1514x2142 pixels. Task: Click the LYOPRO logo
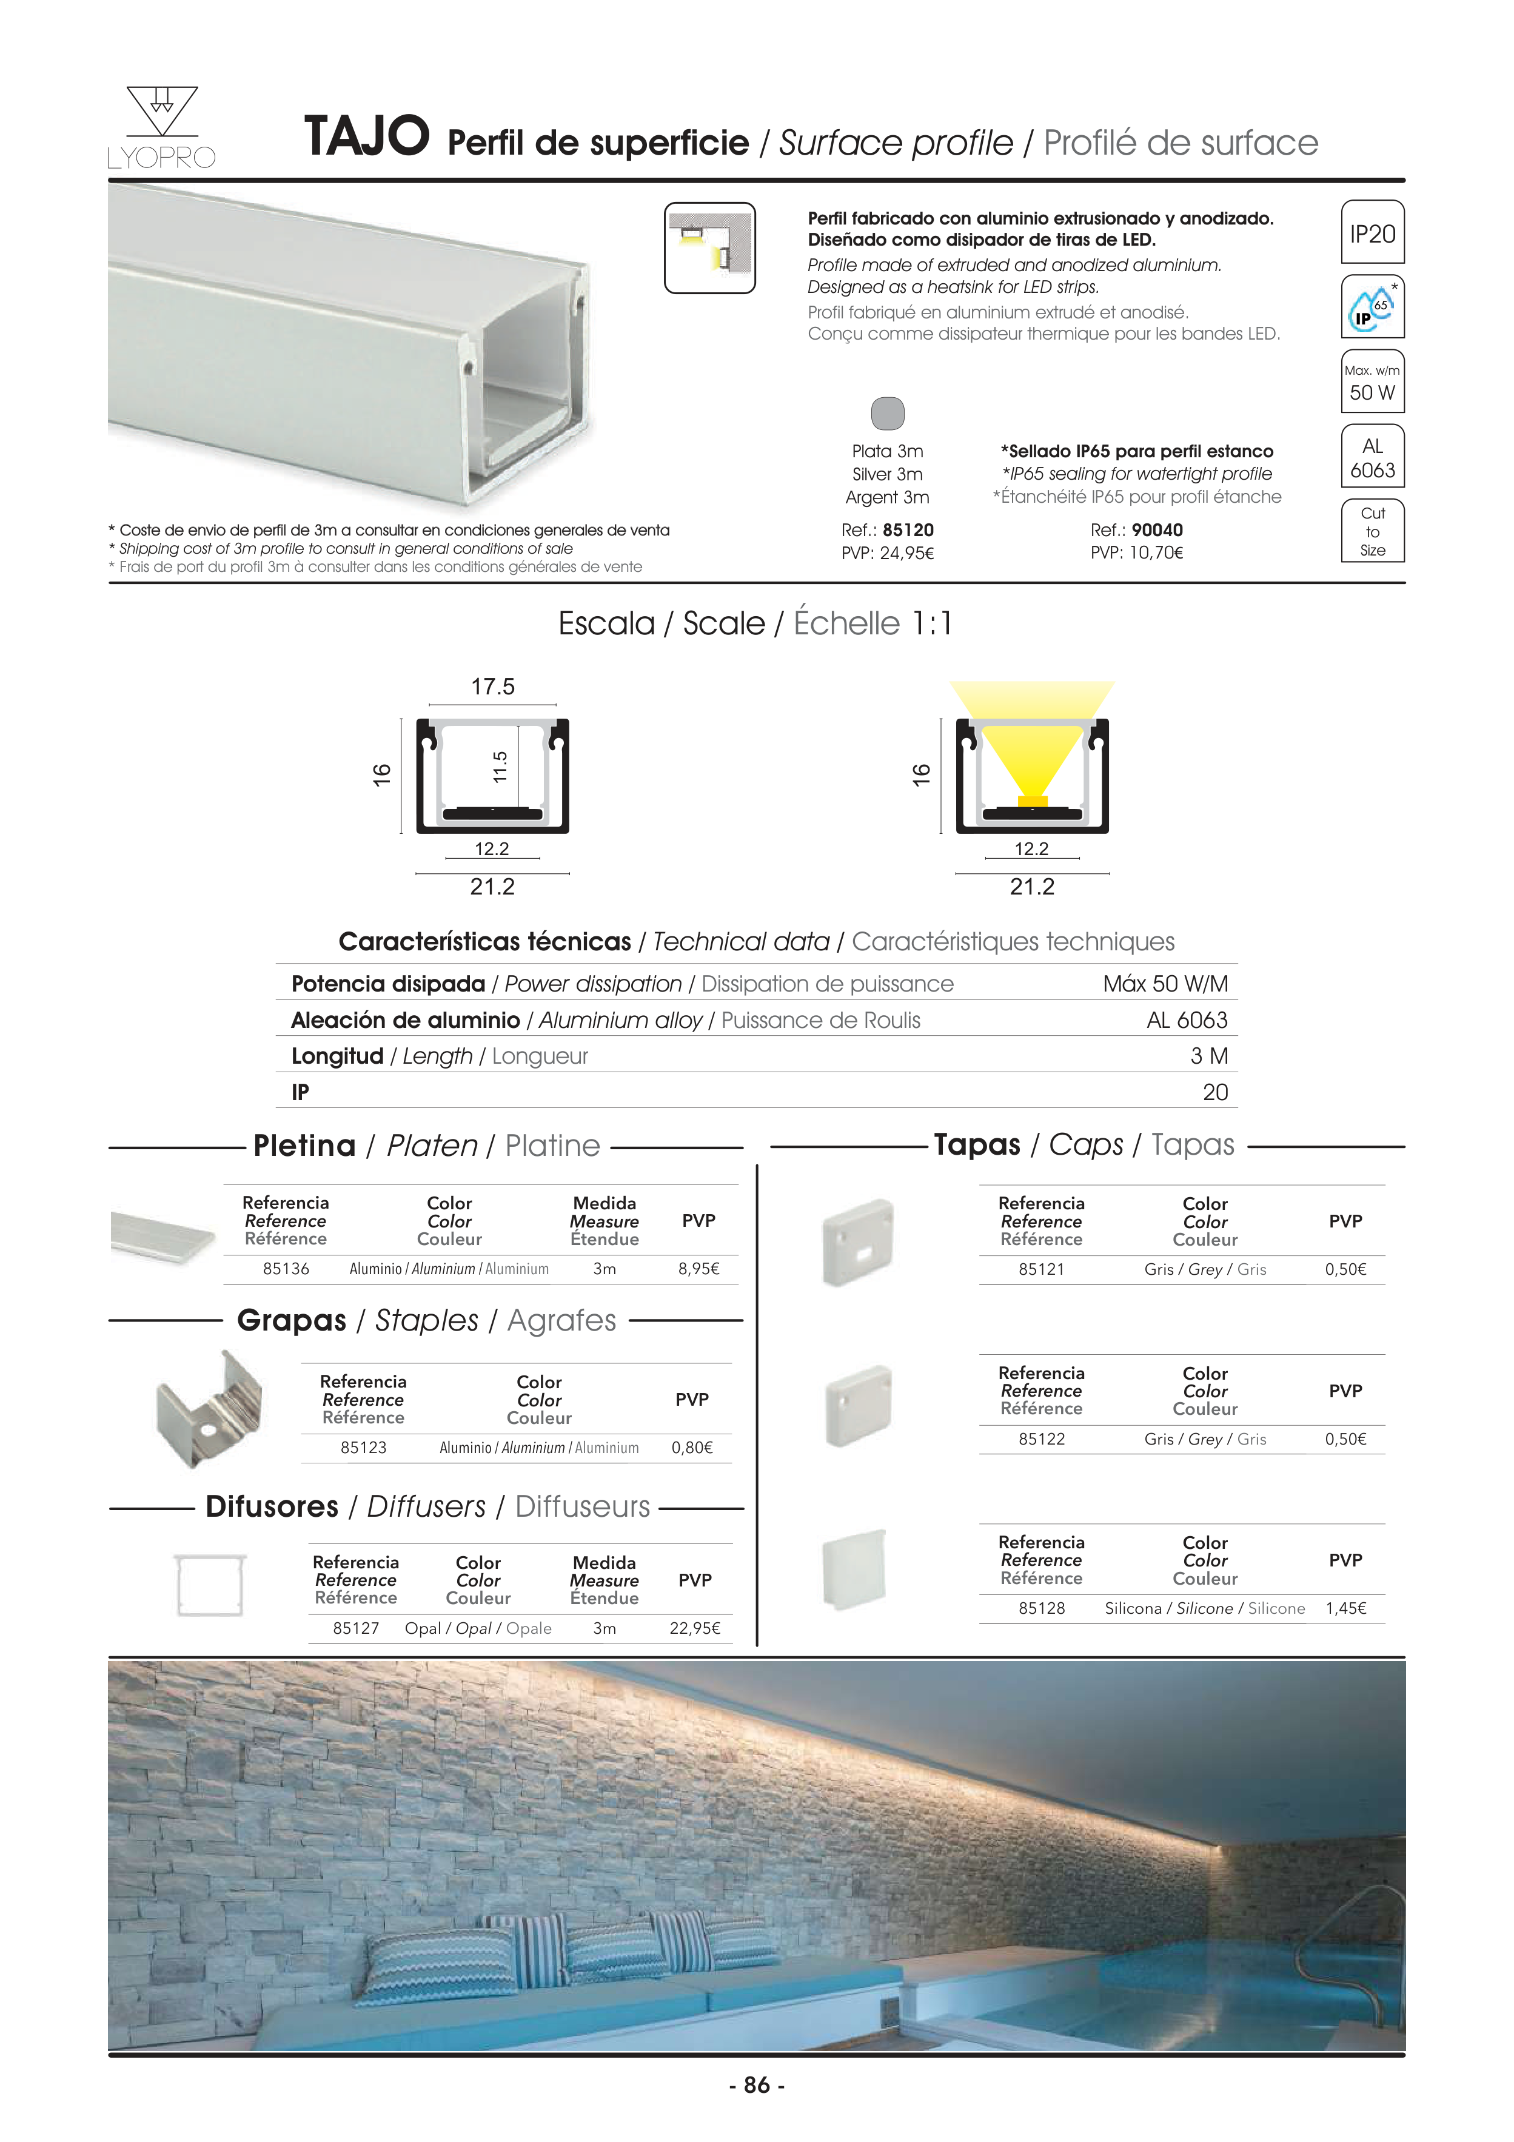[x=161, y=128]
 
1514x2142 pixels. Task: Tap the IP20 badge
[x=1372, y=233]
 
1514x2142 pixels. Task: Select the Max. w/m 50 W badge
[x=1372, y=381]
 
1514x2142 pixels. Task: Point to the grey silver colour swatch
[x=887, y=413]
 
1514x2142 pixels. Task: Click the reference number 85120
[x=908, y=530]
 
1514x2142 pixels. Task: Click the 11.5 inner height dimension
[x=500, y=767]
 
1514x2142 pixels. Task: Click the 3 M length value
[x=1209, y=1056]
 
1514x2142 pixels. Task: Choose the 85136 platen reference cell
[x=286, y=1269]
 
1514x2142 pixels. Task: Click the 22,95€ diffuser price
[x=694, y=1628]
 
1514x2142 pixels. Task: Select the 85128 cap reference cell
[x=1041, y=1608]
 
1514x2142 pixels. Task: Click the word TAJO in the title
[x=367, y=137]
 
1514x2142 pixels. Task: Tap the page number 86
[x=757, y=2085]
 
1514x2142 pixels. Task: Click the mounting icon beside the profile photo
[x=710, y=248]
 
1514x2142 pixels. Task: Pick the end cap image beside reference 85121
[x=858, y=1242]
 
